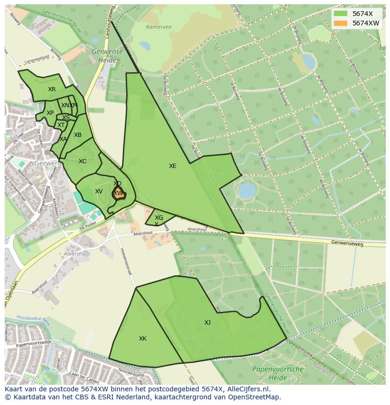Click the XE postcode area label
[173, 166]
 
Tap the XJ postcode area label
[207, 322]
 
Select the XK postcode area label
[143, 339]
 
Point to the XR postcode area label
[52, 89]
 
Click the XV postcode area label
[99, 191]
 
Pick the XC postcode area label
[82, 161]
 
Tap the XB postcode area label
[78, 135]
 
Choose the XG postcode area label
[159, 218]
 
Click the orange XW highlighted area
[118, 193]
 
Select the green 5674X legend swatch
[341, 14]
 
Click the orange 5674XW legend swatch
[341, 23]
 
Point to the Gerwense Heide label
[107, 56]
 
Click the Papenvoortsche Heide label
[278, 373]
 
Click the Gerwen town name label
[46, 163]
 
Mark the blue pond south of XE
[247, 190]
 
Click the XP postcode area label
[50, 113]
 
